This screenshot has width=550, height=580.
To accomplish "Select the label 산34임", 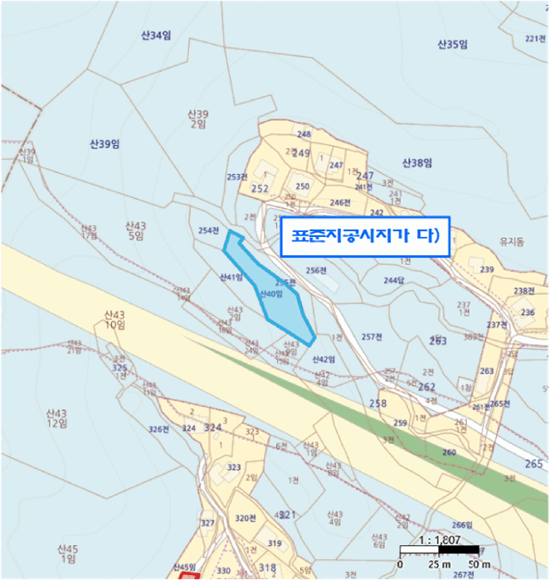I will point(155,35).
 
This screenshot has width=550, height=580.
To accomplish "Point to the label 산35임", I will point(453,43).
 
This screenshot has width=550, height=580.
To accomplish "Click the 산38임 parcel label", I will point(417,162).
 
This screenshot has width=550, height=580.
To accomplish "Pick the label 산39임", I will point(105,143).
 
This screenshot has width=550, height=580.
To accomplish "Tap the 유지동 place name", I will point(511,242).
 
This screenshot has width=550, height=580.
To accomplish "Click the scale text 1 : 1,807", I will point(438,539).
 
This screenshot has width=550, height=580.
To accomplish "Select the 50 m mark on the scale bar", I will point(479,564).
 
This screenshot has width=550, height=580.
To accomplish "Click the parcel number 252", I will point(260,189).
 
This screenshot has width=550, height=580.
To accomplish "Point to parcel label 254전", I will point(209,230).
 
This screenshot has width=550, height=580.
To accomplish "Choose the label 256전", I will point(316,270).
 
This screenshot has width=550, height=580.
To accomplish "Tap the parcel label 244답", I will point(393,280).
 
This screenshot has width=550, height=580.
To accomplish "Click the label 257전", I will point(372,337).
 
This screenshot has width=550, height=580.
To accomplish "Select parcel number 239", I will point(487,270).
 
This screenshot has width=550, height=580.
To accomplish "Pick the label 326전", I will point(158,428).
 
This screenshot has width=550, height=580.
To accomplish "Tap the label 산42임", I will point(323,360).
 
